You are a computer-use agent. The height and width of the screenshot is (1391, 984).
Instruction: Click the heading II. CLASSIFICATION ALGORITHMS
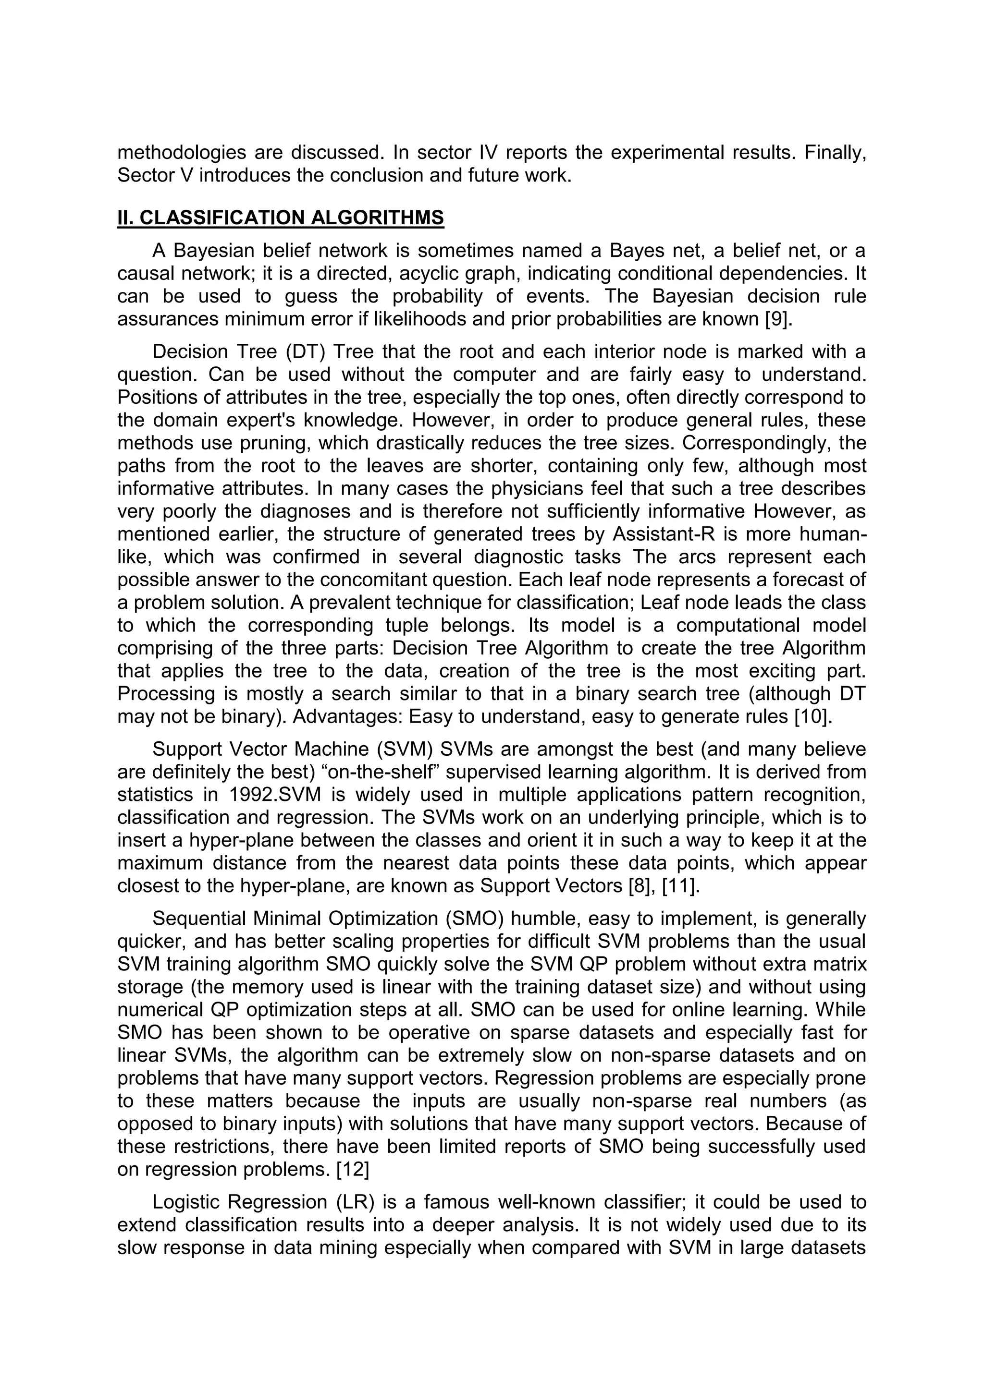click(x=280, y=218)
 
